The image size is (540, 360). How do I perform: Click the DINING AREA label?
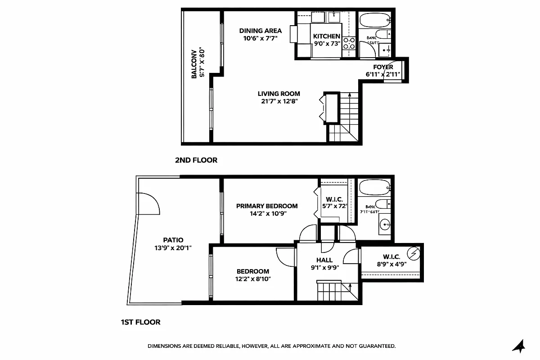tap(260, 31)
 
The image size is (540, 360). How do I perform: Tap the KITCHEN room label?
tap(327, 36)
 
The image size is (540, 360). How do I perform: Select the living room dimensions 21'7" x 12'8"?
tap(279, 101)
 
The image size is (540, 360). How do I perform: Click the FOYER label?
tap(383, 67)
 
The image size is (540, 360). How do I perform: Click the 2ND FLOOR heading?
tap(196, 160)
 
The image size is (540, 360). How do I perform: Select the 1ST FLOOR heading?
tap(140, 322)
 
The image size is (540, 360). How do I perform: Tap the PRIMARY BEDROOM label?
tap(267, 206)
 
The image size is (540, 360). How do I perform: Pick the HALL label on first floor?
tap(324, 260)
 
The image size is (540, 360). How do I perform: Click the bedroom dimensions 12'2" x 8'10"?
tap(253, 279)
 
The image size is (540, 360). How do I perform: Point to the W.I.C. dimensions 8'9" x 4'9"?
tap(391, 265)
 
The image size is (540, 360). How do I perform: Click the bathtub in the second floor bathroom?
tap(374, 21)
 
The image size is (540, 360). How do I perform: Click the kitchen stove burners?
tap(349, 43)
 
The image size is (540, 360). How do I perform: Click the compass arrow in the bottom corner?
tap(519, 346)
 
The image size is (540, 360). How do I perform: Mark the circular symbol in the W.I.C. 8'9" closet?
tap(414, 253)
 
